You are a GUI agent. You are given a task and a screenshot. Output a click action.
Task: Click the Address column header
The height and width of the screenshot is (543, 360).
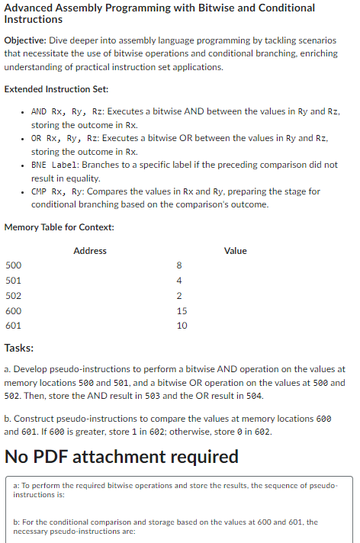click(90, 250)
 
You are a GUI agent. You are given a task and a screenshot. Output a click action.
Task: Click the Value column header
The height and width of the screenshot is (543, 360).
click(236, 250)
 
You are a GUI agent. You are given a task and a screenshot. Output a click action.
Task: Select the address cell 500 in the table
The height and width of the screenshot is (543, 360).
click(14, 265)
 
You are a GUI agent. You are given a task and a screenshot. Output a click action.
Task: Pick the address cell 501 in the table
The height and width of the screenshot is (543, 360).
click(14, 281)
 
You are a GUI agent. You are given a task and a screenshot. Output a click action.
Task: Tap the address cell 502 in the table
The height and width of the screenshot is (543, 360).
click(14, 296)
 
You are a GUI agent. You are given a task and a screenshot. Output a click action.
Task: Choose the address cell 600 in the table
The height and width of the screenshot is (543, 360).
click(14, 310)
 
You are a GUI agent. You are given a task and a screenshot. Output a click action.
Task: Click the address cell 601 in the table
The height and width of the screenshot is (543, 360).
click(14, 326)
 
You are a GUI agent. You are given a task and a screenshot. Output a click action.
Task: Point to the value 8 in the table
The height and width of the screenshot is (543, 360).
click(178, 265)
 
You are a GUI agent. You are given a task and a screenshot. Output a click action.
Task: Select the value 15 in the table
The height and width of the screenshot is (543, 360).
click(181, 310)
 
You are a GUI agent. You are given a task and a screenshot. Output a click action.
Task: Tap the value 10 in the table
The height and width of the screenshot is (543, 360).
click(181, 326)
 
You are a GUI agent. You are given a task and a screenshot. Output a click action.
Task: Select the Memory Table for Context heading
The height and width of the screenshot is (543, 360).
click(59, 227)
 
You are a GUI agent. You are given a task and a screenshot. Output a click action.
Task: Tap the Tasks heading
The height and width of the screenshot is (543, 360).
click(19, 348)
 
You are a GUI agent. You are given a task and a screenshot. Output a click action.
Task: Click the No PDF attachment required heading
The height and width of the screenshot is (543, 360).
click(121, 457)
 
